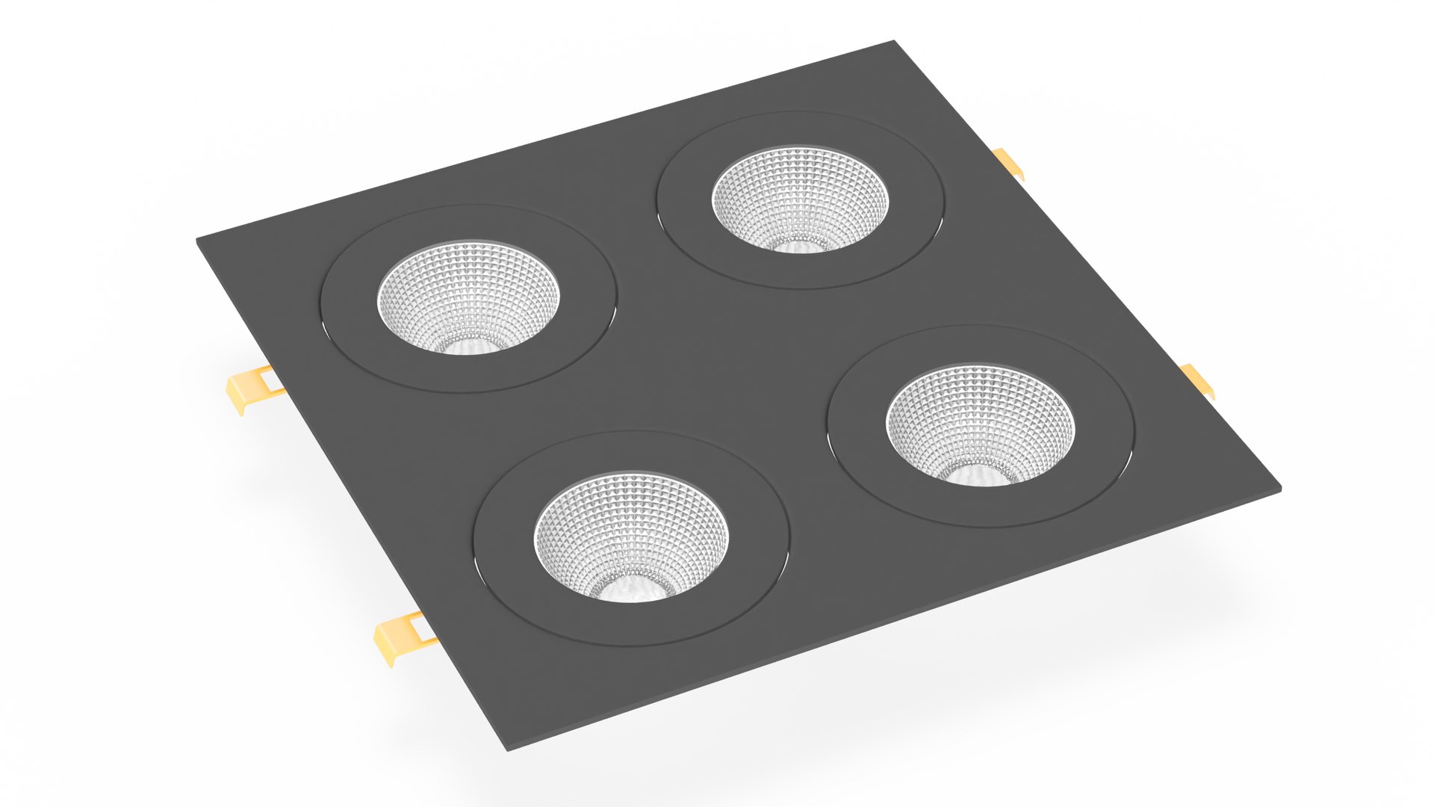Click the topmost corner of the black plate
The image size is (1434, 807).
893,43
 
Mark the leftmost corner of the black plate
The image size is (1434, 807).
199,241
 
